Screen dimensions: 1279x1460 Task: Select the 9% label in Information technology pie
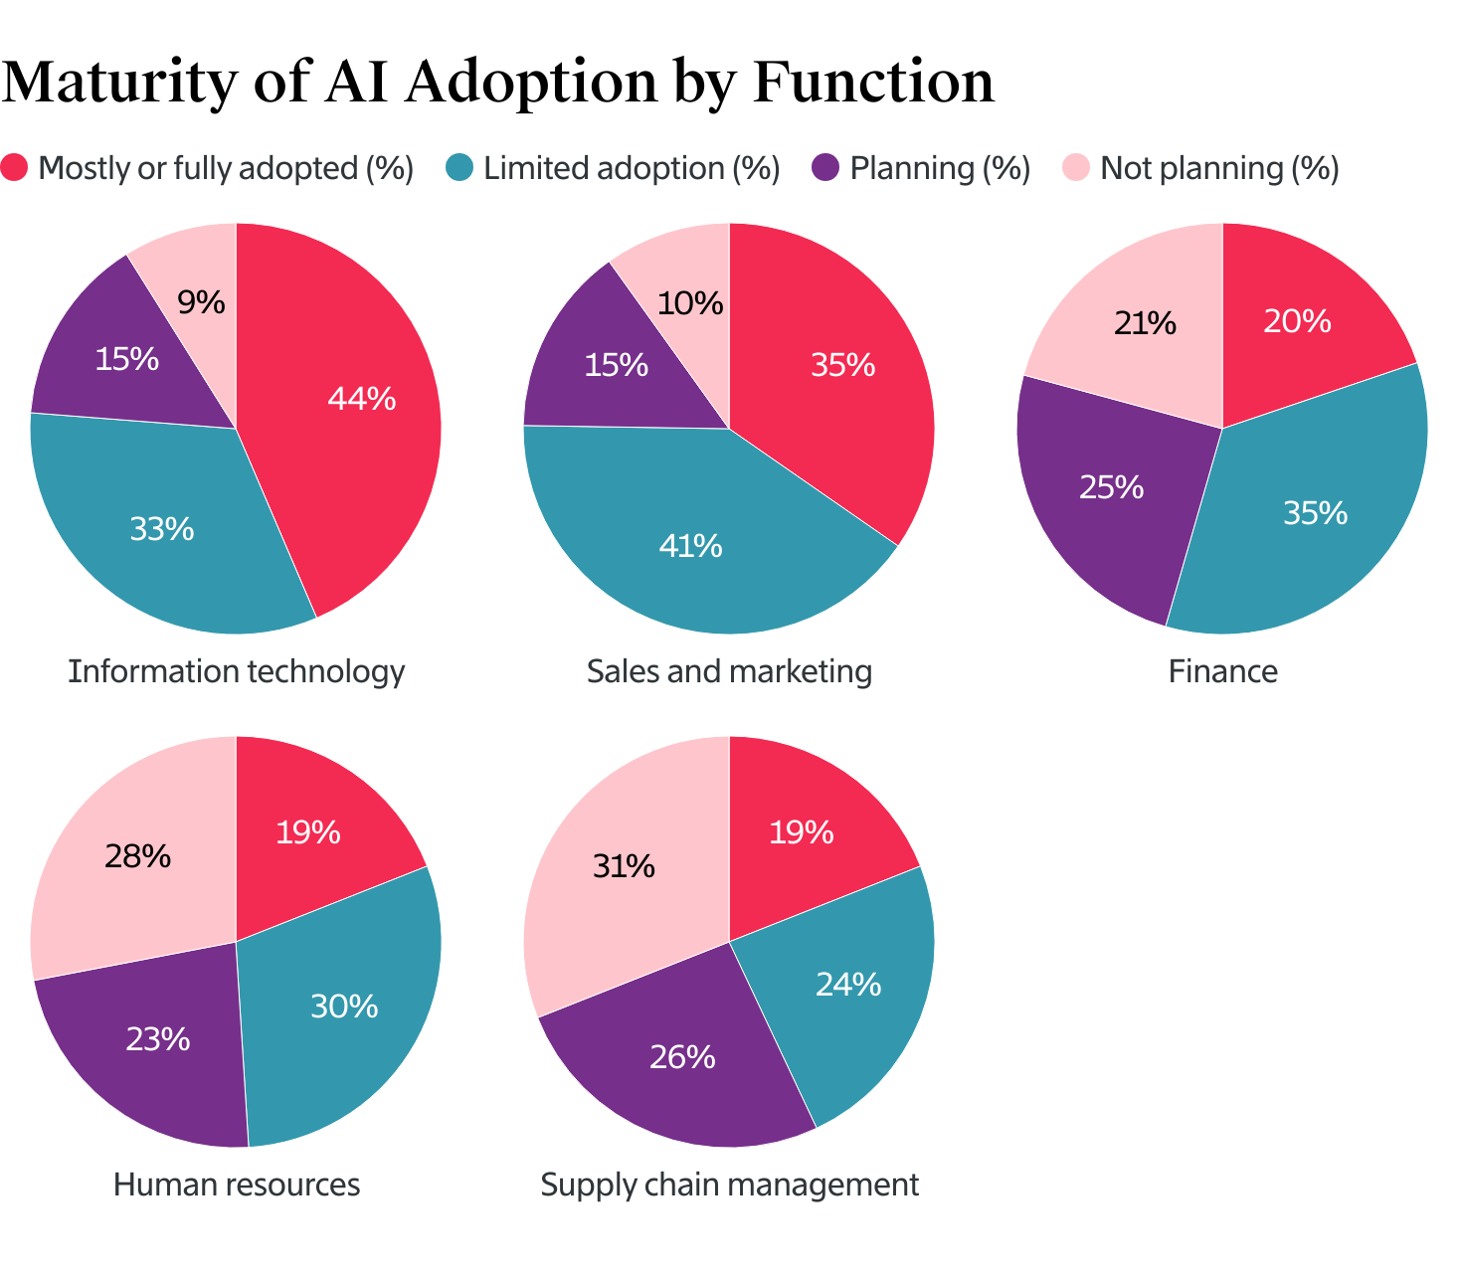[x=202, y=301]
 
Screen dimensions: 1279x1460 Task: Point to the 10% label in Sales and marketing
[x=690, y=303]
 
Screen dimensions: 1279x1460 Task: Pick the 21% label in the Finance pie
[x=1145, y=323]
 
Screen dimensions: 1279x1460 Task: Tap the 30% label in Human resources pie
[x=344, y=1006]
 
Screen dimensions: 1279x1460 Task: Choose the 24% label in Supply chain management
[x=848, y=985]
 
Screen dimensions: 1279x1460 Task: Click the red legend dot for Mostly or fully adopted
[x=14, y=167]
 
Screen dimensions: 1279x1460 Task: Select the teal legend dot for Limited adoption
[x=459, y=167]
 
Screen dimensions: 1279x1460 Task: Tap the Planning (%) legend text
[x=940, y=168]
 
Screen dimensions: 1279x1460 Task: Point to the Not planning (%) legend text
[x=1219, y=168]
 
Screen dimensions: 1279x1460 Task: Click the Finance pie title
[x=1222, y=671]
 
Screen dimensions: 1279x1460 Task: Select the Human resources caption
[x=237, y=1185]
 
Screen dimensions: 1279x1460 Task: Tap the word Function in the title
[x=873, y=82]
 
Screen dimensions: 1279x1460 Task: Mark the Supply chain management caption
[x=729, y=1185]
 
